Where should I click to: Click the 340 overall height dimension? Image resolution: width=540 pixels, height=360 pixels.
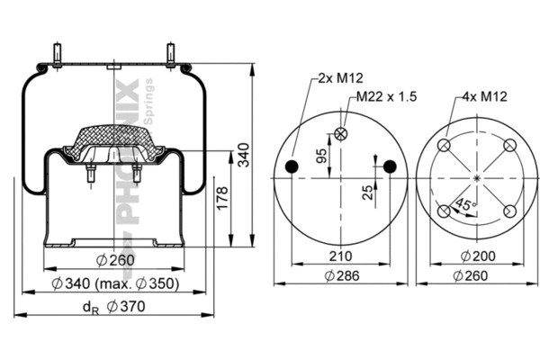242,156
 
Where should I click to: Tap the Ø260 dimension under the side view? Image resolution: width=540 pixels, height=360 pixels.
114,262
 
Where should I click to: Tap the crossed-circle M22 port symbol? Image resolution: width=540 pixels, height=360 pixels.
340,134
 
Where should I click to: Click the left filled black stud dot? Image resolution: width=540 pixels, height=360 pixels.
292,166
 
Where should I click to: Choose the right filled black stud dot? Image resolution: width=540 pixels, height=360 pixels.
390,166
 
